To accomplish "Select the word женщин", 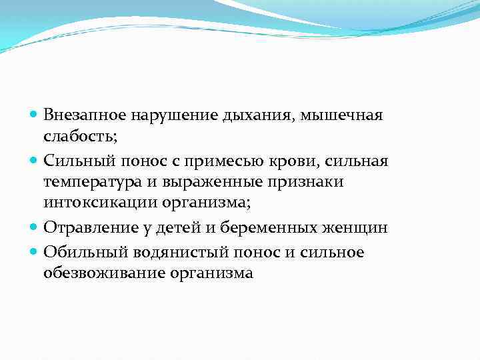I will [361, 228].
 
